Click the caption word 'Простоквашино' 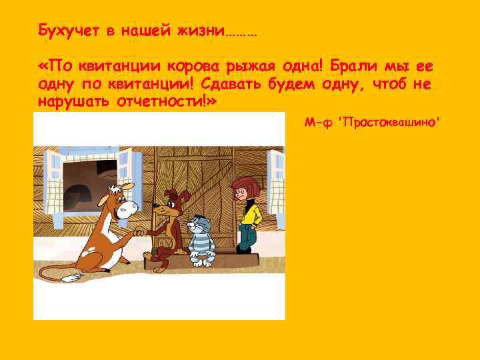(x=390, y=122)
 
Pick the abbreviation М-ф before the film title (x=319, y=122)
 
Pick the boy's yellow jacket (x=248, y=214)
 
